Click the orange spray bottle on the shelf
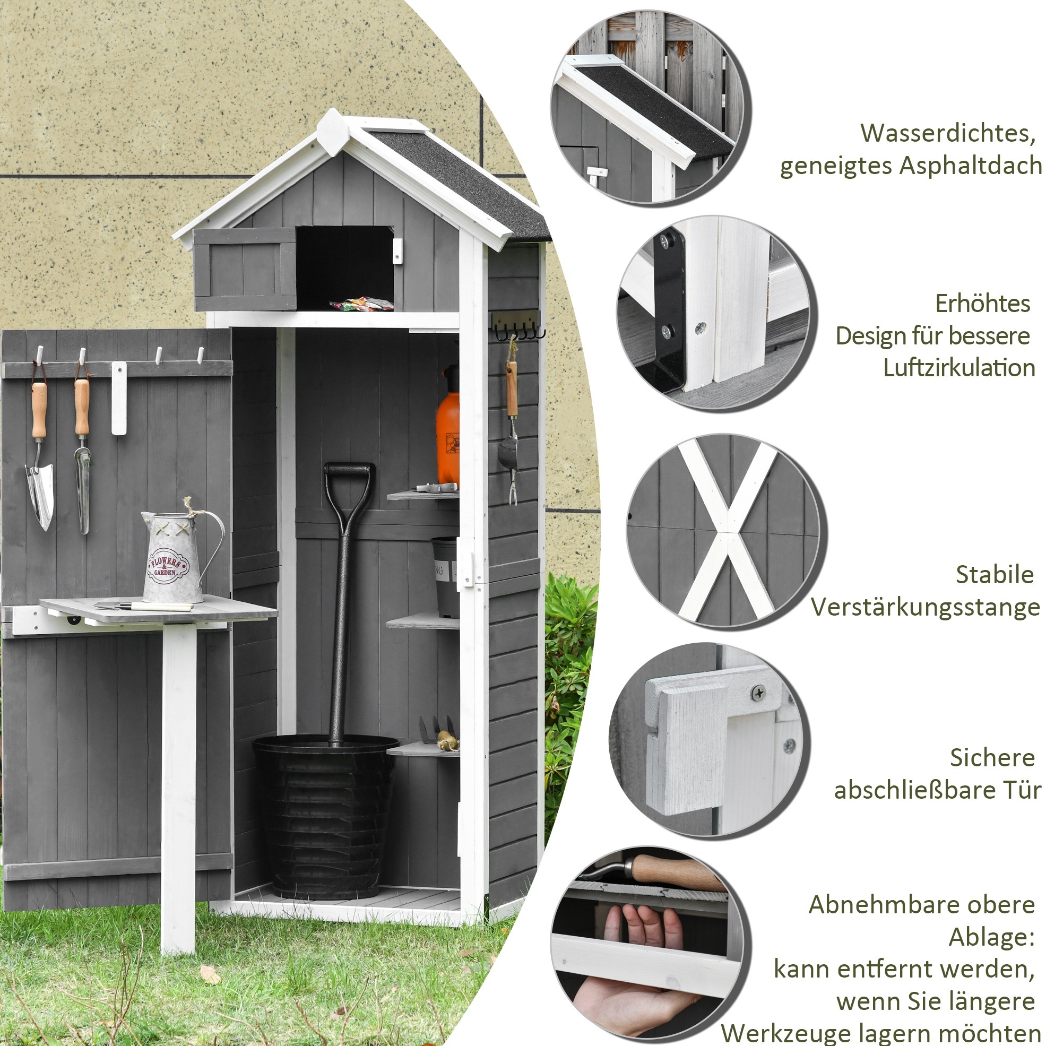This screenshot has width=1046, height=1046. [x=448, y=426]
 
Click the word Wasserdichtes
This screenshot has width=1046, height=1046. [x=948, y=134]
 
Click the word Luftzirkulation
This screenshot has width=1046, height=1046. [x=959, y=368]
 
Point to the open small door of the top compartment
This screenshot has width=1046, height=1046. [x=245, y=270]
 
